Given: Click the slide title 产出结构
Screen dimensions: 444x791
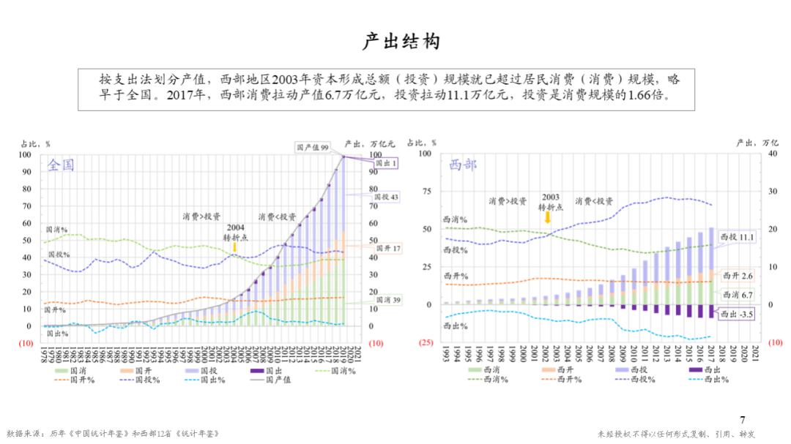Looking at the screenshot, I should pos(402,42).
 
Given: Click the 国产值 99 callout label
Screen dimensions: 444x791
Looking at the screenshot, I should pos(313,147).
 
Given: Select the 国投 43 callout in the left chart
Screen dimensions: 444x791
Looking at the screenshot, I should pos(386,197).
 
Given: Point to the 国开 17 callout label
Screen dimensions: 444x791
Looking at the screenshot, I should pos(387,249).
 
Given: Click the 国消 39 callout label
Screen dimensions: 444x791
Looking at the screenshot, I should pos(387,300).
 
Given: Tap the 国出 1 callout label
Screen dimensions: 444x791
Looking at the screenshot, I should pos(385,164).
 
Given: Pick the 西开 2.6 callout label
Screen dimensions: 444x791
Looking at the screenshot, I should pos(737,276).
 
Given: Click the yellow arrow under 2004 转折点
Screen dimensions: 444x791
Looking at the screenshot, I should pos(234,247).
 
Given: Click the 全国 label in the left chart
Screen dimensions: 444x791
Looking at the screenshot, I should pos(61,165).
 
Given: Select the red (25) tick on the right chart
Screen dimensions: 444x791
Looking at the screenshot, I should pos(425,342).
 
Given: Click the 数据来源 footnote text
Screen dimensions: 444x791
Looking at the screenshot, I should pos(114,433).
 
